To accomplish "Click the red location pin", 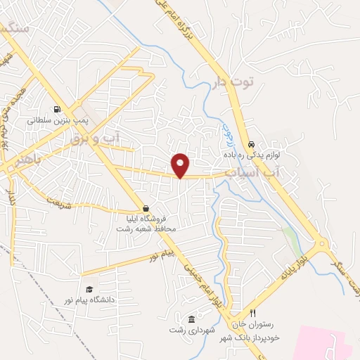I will (x=181, y=165).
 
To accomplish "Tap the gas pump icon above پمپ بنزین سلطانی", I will (x=56, y=109).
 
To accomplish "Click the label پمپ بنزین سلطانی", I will (x=56, y=120).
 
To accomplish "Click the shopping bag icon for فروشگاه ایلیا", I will (x=146, y=209).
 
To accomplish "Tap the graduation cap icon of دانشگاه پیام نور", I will (x=89, y=289).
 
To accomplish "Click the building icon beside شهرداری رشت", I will (x=192, y=320).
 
